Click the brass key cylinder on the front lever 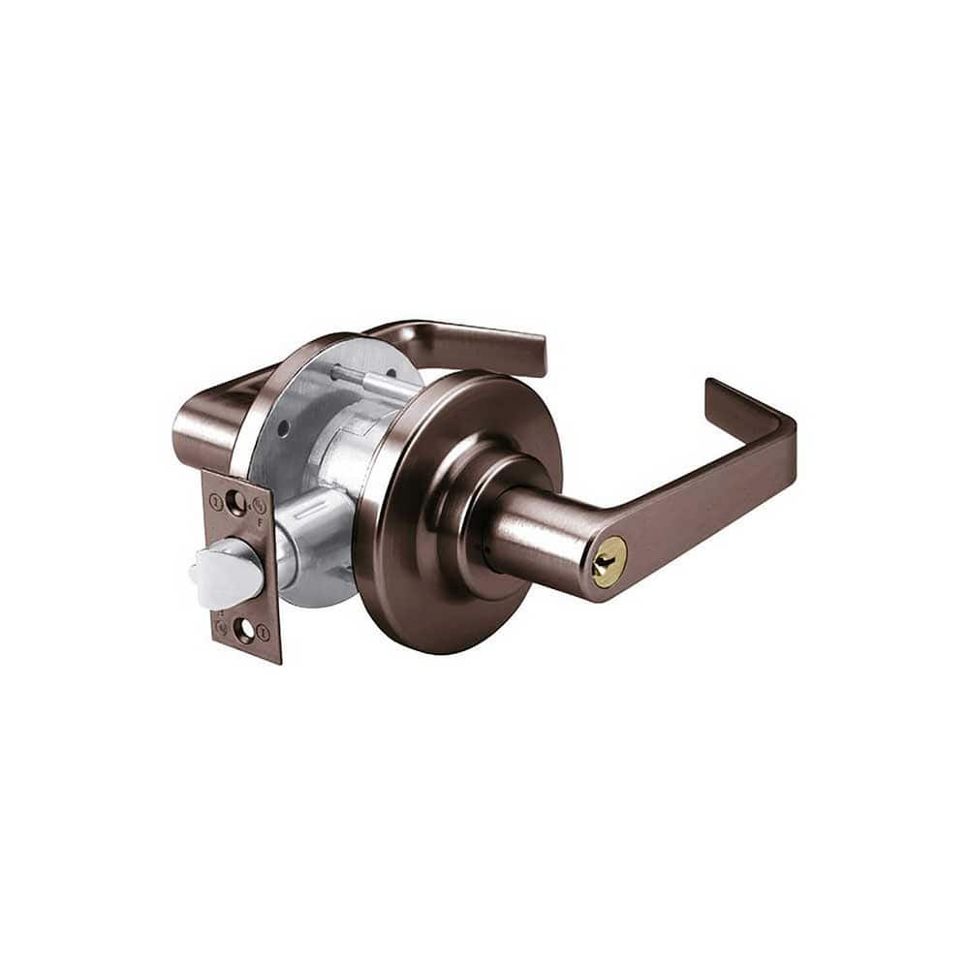[609, 561]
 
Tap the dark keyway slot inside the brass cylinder [610, 562]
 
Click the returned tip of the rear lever [536, 354]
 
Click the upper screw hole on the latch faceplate [234, 501]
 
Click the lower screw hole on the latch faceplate [244, 632]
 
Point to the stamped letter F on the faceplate [263, 521]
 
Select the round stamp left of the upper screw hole [215, 502]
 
